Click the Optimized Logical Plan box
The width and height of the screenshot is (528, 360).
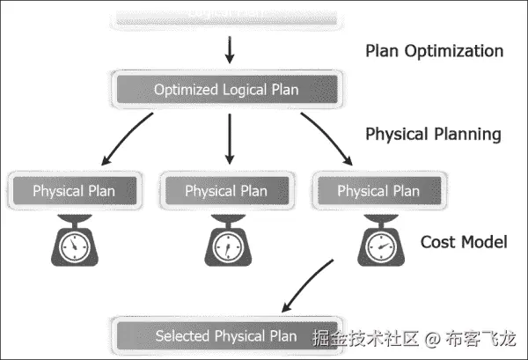coord(226,89)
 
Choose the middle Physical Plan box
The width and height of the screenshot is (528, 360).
coord(226,190)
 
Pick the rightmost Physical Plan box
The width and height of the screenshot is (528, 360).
coord(378,190)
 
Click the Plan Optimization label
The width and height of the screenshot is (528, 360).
coord(434,50)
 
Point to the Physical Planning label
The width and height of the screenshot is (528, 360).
coord(433,135)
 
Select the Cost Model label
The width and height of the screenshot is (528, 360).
coord(463,241)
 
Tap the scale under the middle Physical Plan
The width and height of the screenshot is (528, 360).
coord(226,242)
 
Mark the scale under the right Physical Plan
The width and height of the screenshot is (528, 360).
coord(378,242)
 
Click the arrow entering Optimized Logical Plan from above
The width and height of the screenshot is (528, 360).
coord(230,49)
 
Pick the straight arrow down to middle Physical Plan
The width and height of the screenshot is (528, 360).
coord(230,138)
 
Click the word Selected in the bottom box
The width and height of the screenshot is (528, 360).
coord(182,335)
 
